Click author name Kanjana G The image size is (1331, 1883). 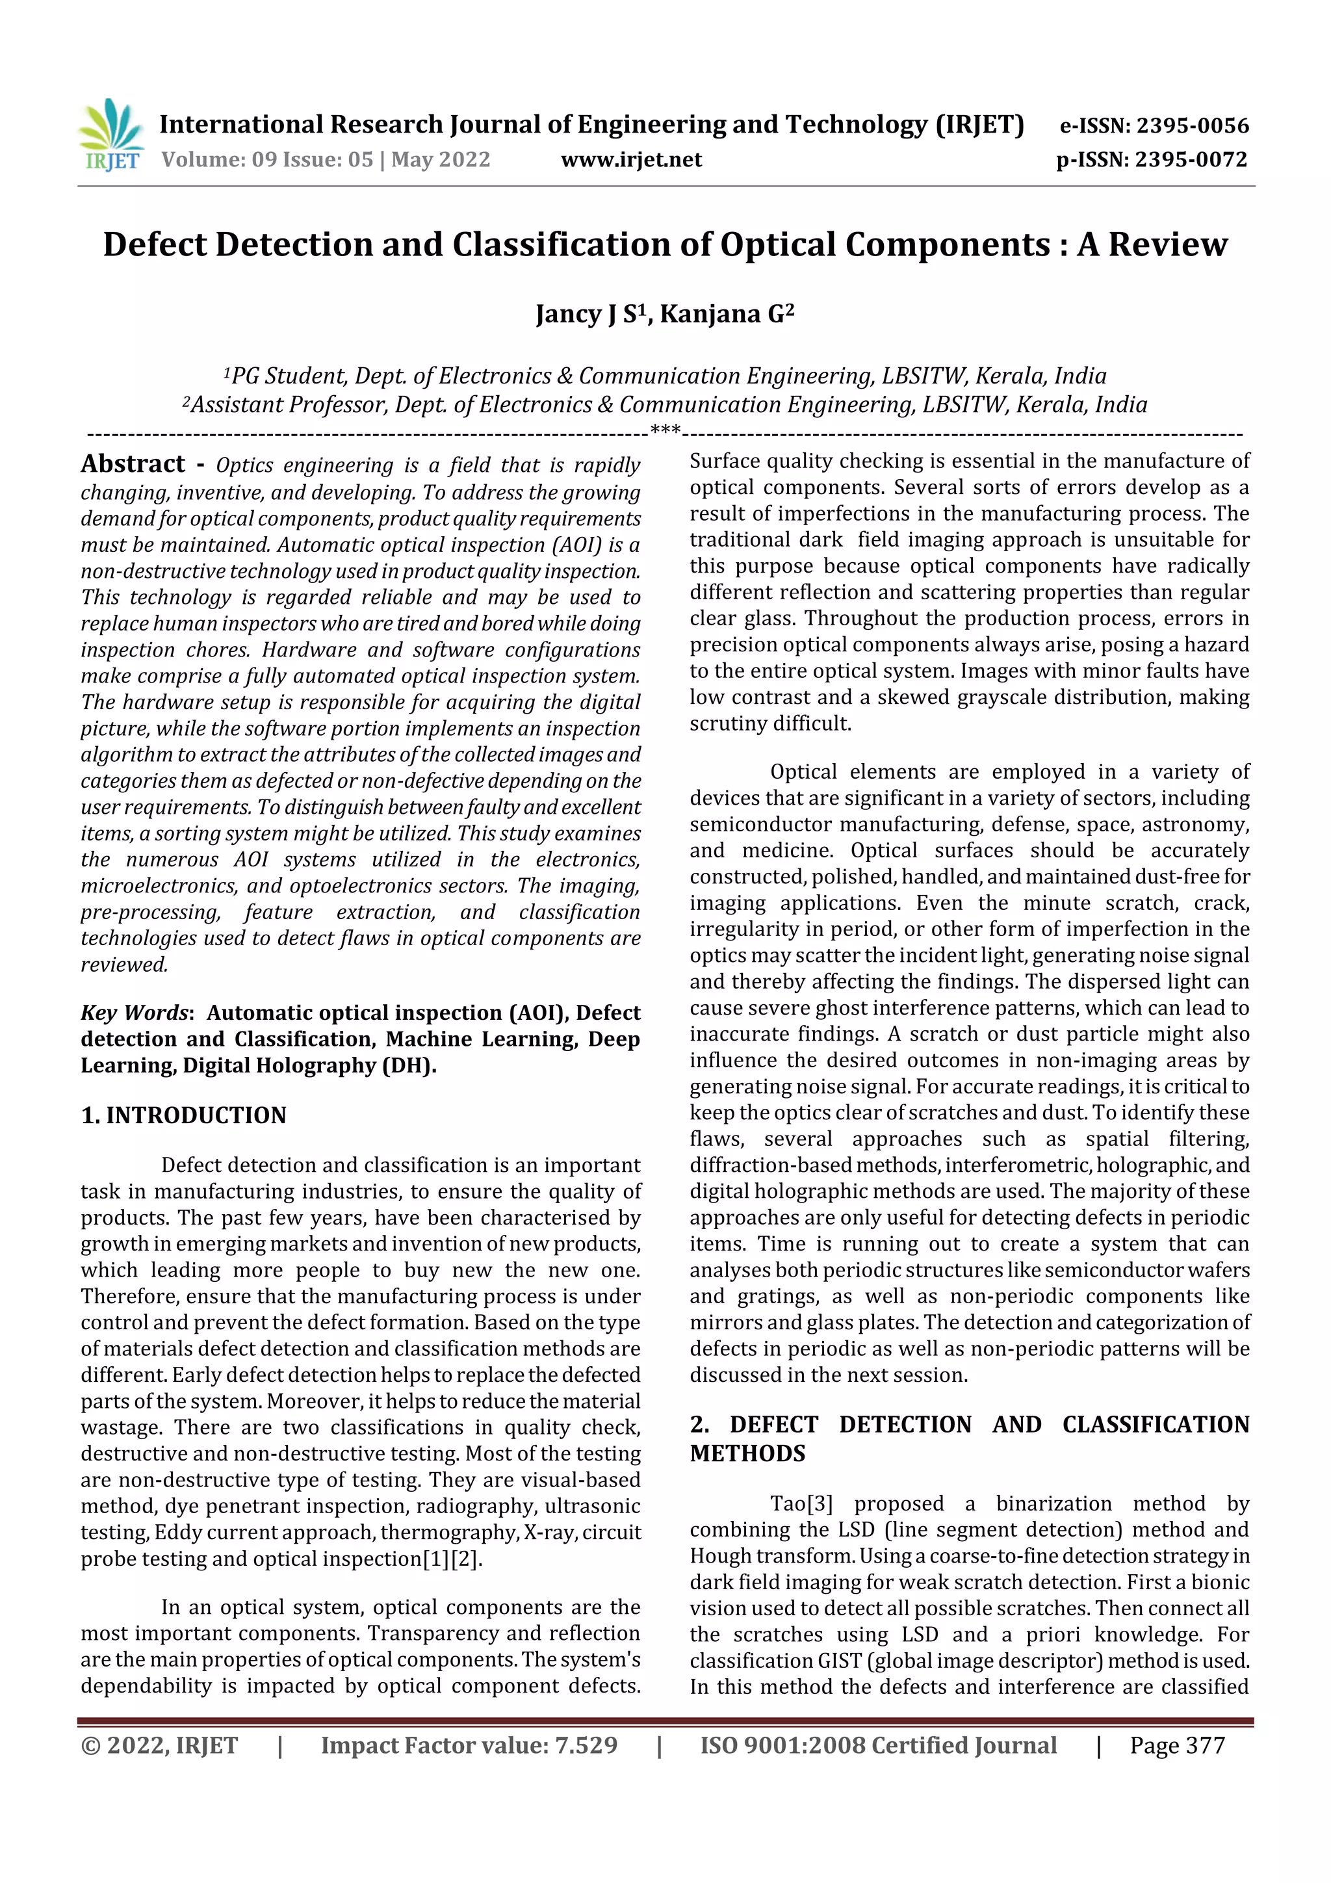(x=727, y=314)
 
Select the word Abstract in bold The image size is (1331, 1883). (x=133, y=464)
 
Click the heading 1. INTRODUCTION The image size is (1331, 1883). (x=184, y=1115)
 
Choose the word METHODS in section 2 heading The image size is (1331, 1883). (x=747, y=1454)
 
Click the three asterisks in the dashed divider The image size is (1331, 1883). (x=665, y=429)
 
